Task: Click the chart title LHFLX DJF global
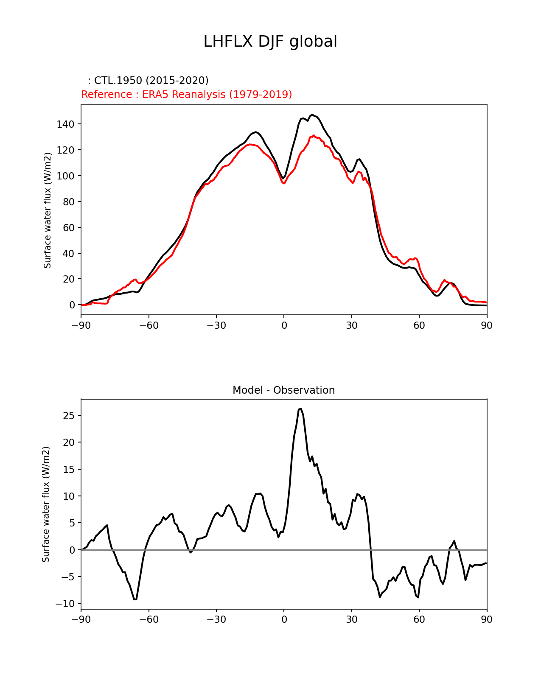click(270, 42)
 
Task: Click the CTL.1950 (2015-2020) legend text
click(148, 81)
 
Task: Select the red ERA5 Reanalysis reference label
click(186, 94)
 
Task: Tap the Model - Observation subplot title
click(283, 390)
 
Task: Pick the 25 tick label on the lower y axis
click(69, 416)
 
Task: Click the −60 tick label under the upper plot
click(149, 325)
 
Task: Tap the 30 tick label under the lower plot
click(351, 620)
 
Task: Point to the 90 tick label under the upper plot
click(487, 325)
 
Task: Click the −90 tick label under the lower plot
click(81, 620)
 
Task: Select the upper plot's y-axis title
click(48, 210)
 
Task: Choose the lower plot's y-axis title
click(46, 504)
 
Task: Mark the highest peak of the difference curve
click(300, 409)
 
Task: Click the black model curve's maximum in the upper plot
click(312, 115)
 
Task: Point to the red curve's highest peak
click(314, 135)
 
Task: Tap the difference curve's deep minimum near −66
click(135, 599)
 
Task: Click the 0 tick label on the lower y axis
click(72, 550)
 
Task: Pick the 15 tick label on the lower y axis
click(69, 470)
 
